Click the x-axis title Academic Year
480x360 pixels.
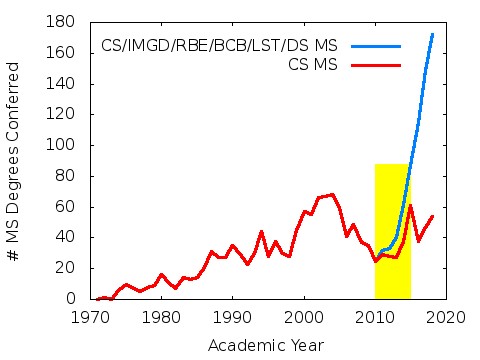coord(267,345)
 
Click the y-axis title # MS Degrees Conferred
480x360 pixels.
coord(15,160)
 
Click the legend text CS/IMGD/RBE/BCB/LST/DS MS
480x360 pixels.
coord(219,46)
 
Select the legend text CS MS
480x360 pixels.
coord(310,64)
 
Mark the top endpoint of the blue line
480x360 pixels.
coord(432,34)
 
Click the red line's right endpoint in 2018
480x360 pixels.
coord(432,216)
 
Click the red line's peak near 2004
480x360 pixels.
coord(332,194)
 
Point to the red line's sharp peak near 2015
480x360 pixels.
coord(410,206)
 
